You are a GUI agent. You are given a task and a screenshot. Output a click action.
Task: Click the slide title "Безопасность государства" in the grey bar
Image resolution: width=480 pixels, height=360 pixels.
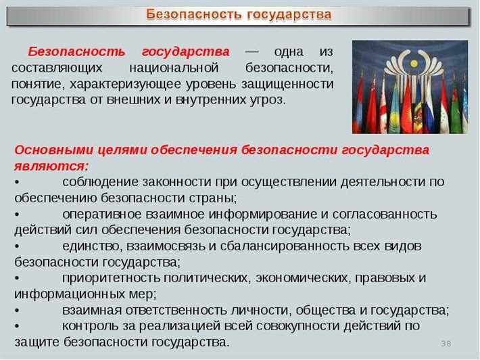[239, 14]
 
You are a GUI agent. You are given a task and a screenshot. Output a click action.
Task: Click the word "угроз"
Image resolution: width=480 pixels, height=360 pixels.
[268, 99]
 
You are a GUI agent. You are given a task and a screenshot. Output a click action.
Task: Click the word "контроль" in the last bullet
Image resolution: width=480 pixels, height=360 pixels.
[89, 325]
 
